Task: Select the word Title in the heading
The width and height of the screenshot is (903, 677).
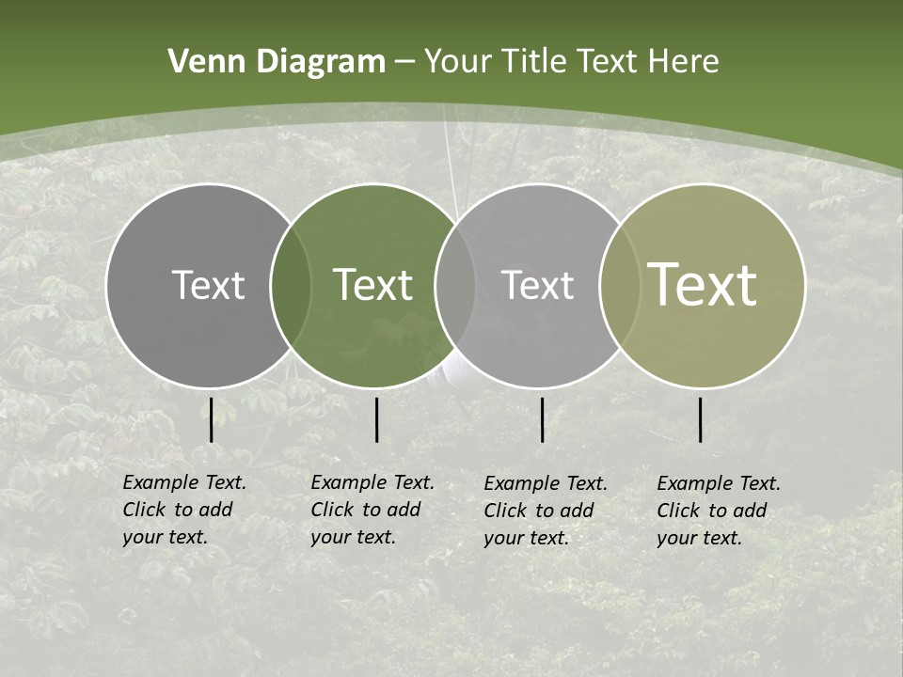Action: (534, 62)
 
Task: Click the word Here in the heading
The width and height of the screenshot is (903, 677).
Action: (684, 62)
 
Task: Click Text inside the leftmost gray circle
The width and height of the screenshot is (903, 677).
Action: (208, 285)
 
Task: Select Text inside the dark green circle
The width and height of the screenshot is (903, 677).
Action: (373, 285)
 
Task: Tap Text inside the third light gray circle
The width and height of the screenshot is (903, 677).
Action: (537, 285)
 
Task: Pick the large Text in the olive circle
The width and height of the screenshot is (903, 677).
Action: (703, 285)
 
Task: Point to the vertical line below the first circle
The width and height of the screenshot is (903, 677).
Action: (211, 419)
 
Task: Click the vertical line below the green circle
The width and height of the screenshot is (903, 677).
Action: (376, 419)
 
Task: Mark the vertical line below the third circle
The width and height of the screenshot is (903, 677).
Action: (542, 419)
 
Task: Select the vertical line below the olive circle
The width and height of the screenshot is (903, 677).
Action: (700, 419)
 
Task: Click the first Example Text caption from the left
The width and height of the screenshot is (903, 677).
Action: (184, 510)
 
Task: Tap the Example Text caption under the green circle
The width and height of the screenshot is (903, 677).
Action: (372, 510)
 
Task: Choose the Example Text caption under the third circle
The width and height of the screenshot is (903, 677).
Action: (546, 511)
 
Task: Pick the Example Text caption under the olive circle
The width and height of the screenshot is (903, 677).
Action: (719, 511)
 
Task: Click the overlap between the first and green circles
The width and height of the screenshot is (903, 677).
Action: (291, 285)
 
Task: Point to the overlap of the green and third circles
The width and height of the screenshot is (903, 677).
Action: (455, 285)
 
